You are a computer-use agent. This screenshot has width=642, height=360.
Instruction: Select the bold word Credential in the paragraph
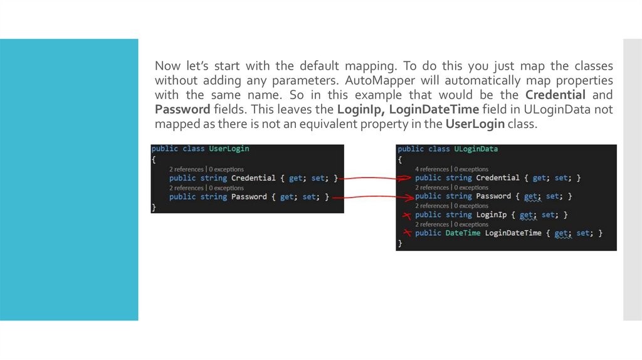(555, 95)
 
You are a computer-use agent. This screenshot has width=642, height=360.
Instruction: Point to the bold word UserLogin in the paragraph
(475, 124)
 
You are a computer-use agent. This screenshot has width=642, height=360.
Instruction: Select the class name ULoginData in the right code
(475, 149)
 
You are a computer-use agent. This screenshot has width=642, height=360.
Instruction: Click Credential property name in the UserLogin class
(253, 178)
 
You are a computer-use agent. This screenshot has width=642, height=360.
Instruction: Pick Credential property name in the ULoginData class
(498, 178)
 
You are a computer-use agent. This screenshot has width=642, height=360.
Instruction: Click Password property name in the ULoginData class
(495, 196)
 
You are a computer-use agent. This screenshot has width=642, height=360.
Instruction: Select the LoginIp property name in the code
(492, 214)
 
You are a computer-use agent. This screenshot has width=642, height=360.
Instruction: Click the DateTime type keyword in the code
(463, 233)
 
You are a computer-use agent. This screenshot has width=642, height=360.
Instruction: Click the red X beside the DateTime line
(407, 233)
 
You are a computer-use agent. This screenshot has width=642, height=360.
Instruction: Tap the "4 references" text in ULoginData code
(432, 169)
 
